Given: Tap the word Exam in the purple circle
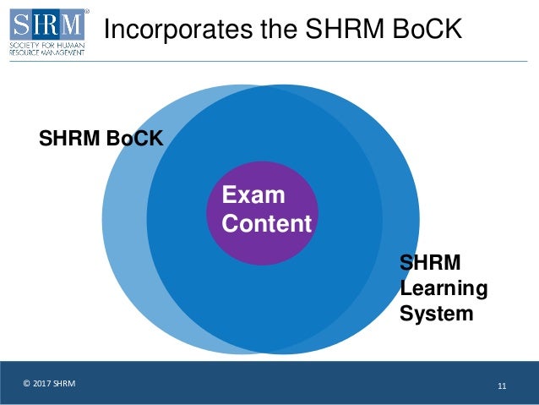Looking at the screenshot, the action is click(x=253, y=195).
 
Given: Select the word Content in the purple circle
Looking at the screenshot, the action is click(x=266, y=224).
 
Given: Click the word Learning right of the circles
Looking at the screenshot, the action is click(x=444, y=288).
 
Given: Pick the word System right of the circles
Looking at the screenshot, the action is click(x=436, y=314).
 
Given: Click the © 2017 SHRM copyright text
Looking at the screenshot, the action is click(x=49, y=385).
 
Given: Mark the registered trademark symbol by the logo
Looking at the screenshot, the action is click(x=86, y=12).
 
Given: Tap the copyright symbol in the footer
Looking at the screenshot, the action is click(x=26, y=385).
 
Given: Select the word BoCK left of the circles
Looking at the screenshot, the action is click(x=134, y=138).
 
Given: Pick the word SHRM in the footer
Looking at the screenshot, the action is click(x=64, y=385).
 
